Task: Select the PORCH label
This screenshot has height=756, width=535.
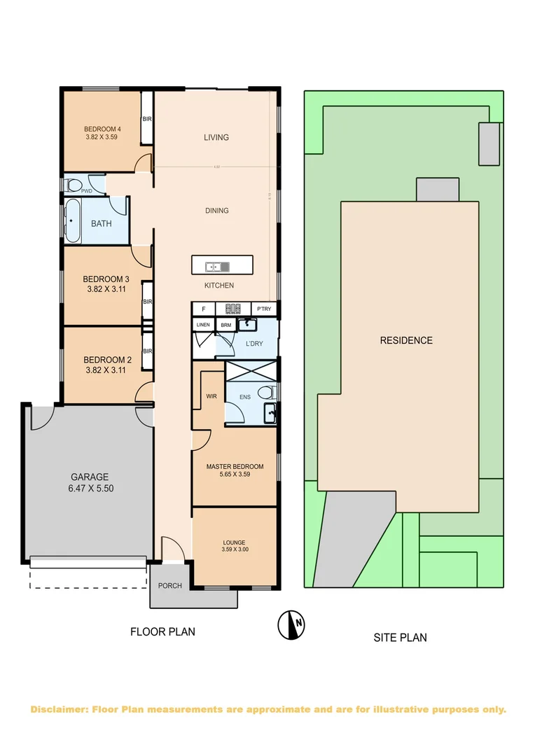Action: pyautogui.click(x=169, y=586)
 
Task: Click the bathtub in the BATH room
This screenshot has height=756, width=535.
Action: pyautogui.click(x=74, y=220)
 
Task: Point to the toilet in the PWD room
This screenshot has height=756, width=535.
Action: pyautogui.click(x=74, y=185)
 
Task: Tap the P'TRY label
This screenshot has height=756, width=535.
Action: pyautogui.click(x=263, y=309)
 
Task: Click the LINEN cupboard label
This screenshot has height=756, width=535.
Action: pyautogui.click(x=203, y=325)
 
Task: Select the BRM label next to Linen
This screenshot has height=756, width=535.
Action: pyautogui.click(x=225, y=325)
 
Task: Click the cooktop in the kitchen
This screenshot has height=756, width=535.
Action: pyautogui.click(x=232, y=309)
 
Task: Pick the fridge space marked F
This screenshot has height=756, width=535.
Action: pyautogui.click(x=203, y=309)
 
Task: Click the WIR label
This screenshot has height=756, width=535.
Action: pyautogui.click(x=211, y=397)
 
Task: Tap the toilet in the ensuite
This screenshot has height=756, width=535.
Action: pyautogui.click(x=265, y=392)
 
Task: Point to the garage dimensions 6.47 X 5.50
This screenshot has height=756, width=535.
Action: pyautogui.click(x=90, y=488)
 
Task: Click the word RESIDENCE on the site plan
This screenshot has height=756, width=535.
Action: pyautogui.click(x=406, y=341)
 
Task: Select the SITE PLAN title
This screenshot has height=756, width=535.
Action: pyautogui.click(x=400, y=638)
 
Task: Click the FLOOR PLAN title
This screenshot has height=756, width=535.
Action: pyautogui.click(x=162, y=631)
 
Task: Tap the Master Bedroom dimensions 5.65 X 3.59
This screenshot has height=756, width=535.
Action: pyautogui.click(x=234, y=474)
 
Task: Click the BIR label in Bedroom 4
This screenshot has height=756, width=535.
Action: pyautogui.click(x=147, y=120)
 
